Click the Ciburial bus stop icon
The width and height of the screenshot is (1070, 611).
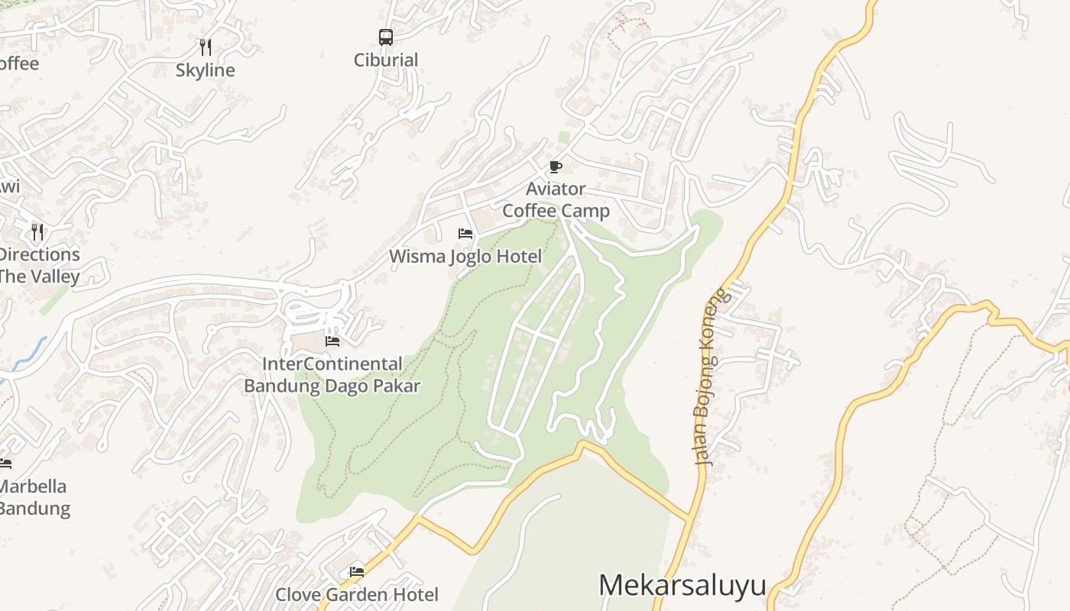[386, 37]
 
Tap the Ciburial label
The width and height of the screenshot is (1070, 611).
[386, 60]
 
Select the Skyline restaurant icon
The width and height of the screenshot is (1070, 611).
[205, 47]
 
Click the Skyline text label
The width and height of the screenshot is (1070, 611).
[205, 70]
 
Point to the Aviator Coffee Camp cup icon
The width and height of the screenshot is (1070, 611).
[556, 166]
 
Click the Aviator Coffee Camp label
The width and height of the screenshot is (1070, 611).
[556, 199]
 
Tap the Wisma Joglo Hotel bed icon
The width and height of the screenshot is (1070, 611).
[465, 234]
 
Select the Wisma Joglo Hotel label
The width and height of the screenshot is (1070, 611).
[465, 257]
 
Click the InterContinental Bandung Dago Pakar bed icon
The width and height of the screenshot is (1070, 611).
[332, 341]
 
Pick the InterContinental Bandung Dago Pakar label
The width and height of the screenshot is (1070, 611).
[332, 375]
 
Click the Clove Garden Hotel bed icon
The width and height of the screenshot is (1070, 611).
[357, 571]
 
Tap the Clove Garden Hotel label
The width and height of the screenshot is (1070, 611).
[357, 594]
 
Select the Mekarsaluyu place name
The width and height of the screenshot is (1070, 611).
[682, 586]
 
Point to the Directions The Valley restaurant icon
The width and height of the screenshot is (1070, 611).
[37, 231]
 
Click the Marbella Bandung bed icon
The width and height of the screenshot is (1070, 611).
[5, 463]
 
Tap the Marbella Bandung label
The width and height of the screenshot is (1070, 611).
[34, 497]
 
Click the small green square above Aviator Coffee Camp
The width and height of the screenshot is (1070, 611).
[564, 137]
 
